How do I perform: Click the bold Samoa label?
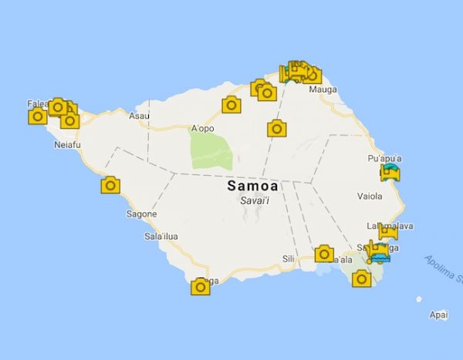[x=253, y=187]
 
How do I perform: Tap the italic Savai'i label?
[x=253, y=201]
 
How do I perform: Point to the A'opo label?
[x=202, y=129]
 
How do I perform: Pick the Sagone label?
[x=141, y=214]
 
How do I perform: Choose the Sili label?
[x=289, y=259]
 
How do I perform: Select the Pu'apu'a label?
[x=384, y=158]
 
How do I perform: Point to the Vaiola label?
[x=370, y=196]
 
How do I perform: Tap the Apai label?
[x=439, y=315]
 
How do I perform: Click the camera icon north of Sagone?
[x=111, y=185]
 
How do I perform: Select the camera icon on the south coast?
[x=201, y=288]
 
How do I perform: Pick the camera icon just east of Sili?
[x=325, y=254]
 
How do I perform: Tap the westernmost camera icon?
[x=37, y=117]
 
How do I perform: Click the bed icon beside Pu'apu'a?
[x=391, y=172]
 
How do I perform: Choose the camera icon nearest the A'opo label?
[x=231, y=105]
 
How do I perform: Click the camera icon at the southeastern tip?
[x=361, y=279]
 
